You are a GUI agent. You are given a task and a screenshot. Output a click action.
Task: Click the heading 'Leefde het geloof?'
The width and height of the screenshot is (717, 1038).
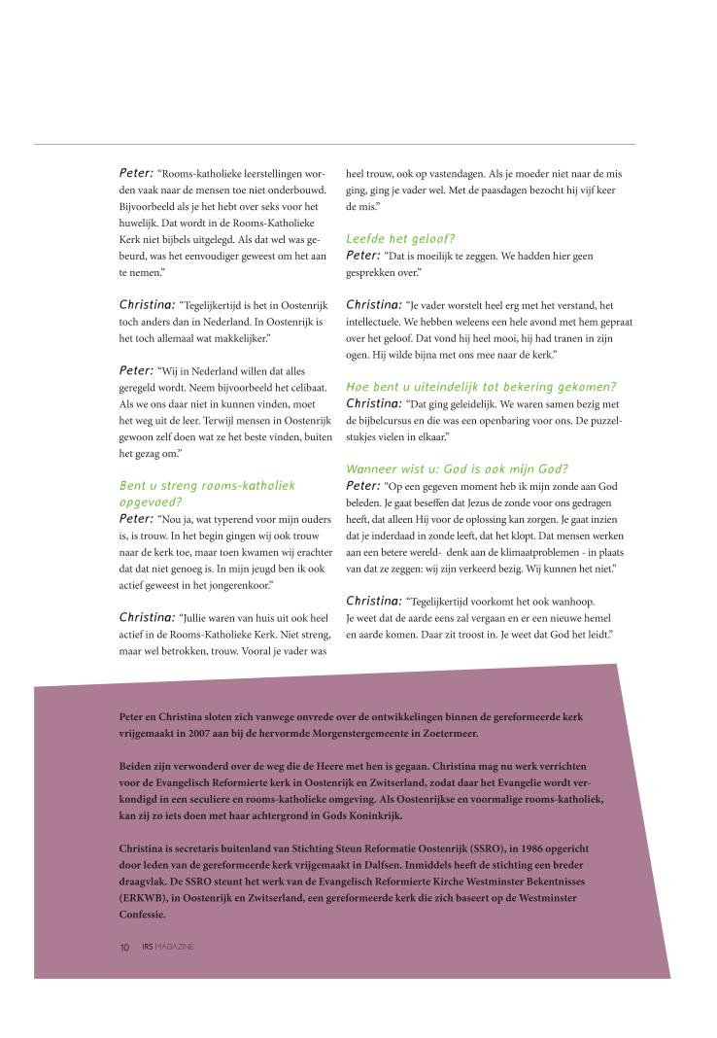point(401,237)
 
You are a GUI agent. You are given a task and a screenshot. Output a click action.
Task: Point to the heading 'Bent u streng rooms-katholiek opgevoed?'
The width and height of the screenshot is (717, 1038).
point(206,492)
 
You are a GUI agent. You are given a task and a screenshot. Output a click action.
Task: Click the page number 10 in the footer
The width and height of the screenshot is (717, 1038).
point(125,948)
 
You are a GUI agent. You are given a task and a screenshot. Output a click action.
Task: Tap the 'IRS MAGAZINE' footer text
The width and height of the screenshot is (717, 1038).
point(166,948)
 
